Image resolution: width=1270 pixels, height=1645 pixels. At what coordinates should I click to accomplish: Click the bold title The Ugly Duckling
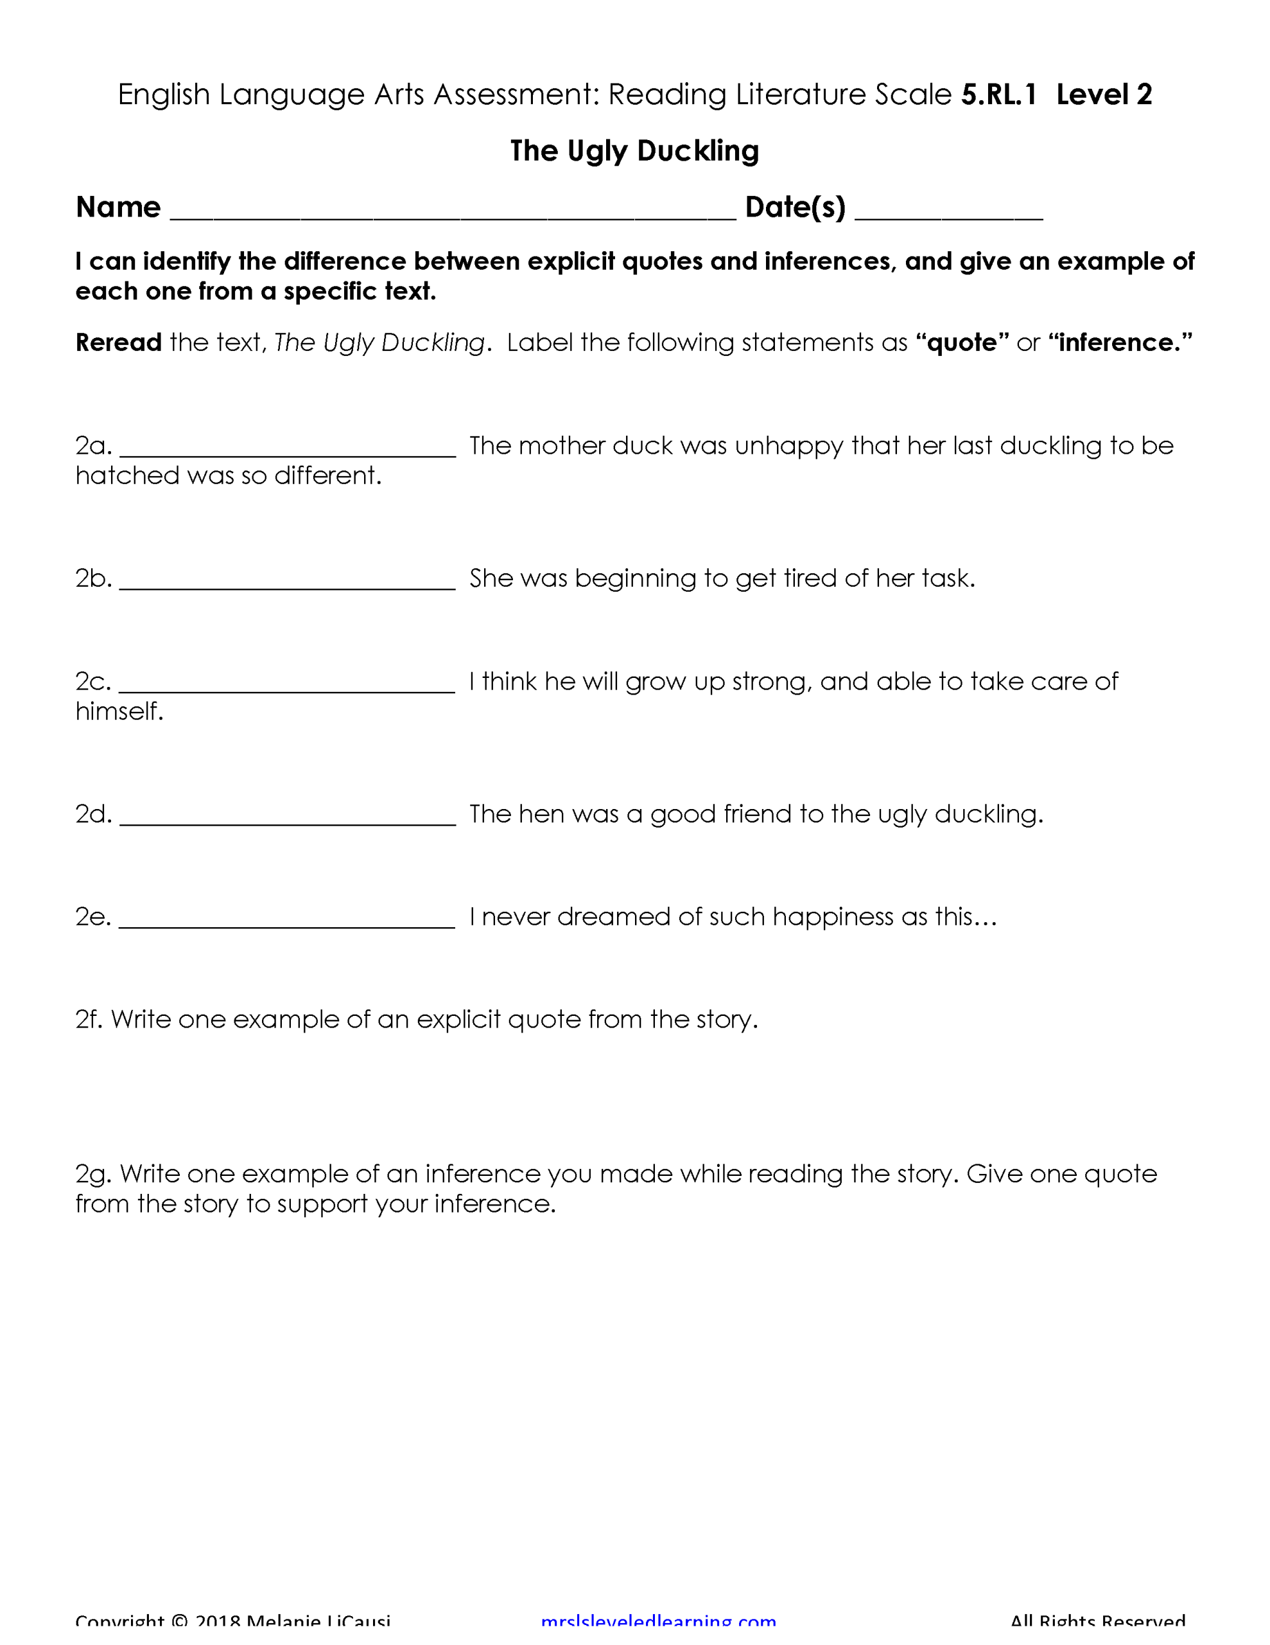[634, 150]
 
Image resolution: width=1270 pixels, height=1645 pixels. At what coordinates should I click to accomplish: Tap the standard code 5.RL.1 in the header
[998, 95]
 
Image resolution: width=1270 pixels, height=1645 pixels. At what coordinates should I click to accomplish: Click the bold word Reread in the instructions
[118, 342]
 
